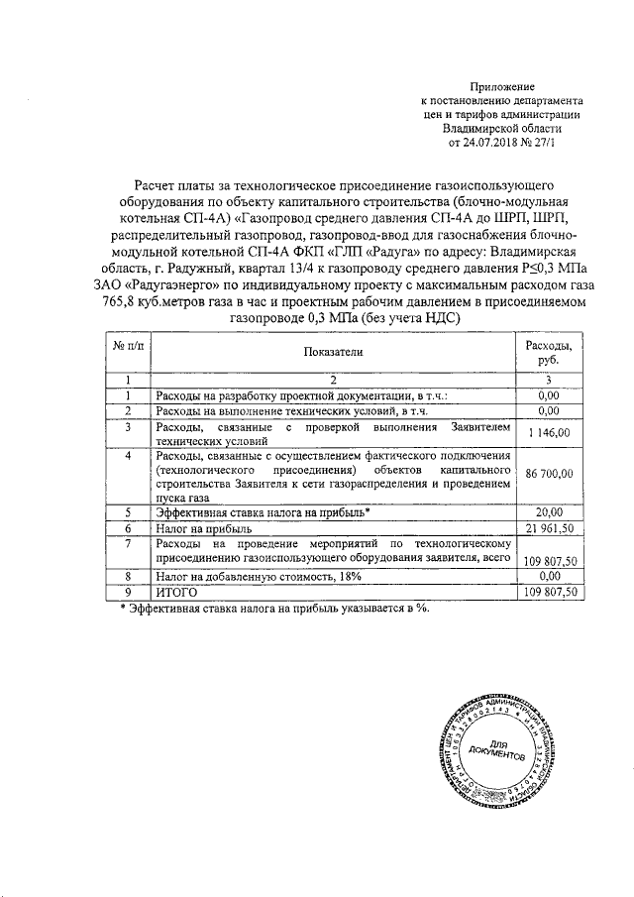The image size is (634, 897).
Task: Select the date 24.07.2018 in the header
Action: [x=489, y=143]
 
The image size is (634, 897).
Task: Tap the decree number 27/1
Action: [x=543, y=143]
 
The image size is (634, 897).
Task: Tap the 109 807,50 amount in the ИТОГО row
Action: [x=548, y=592]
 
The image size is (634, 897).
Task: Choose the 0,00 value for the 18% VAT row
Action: [x=548, y=575]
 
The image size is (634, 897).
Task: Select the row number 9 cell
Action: [x=128, y=592]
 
